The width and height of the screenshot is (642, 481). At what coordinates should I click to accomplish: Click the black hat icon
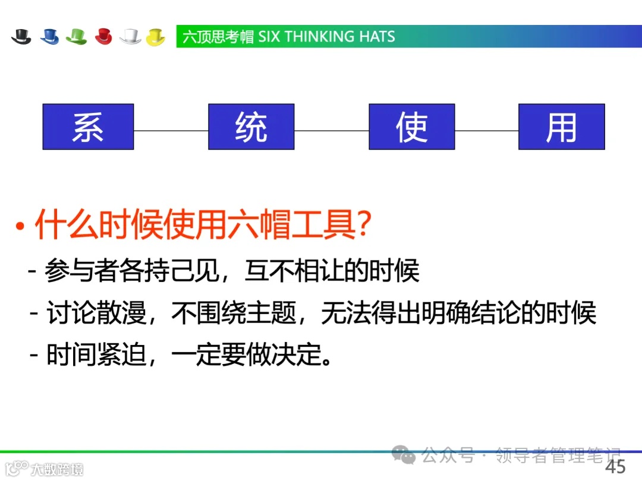click(21, 37)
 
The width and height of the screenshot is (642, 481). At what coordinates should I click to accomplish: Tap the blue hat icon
click(50, 37)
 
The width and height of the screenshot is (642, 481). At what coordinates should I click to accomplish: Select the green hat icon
click(76, 37)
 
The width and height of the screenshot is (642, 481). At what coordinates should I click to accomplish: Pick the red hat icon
click(103, 37)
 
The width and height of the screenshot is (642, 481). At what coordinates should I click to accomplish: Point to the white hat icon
click(130, 37)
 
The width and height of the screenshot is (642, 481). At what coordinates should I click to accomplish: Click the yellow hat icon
click(156, 37)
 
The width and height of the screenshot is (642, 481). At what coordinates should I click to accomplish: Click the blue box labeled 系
click(88, 126)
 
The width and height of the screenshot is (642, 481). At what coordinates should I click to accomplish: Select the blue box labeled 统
click(251, 126)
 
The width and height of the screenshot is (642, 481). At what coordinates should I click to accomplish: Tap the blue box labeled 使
click(411, 126)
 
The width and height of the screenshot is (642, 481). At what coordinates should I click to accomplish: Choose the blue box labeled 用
click(561, 126)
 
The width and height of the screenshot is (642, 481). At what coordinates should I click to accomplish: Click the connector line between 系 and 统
click(171, 131)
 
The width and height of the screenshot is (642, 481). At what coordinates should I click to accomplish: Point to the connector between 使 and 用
click(486, 131)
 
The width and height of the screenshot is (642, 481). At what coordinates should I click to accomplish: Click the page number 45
click(615, 466)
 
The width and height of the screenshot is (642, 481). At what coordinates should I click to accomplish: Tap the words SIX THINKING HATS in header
click(326, 37)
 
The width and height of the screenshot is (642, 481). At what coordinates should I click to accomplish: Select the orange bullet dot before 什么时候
click(20, 227)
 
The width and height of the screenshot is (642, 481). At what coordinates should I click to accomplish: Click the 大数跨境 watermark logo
click(44, 469)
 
